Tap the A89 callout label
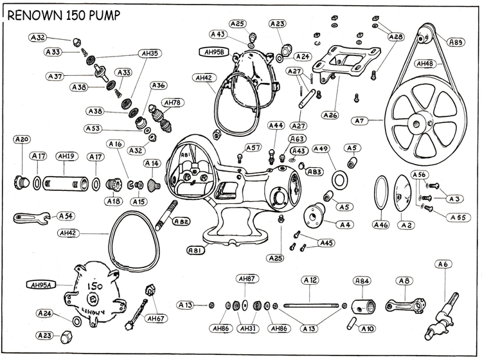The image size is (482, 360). pos(456,42)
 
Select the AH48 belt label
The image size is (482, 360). pos(426,64)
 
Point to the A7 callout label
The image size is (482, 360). pos(360,120)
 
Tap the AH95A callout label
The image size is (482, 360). pos(42,284)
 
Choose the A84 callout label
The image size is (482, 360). pos(362,281)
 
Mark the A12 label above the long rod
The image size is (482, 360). pos(310,280)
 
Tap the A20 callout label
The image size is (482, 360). pos(22,139)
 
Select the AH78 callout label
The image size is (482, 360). pos(172,103)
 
